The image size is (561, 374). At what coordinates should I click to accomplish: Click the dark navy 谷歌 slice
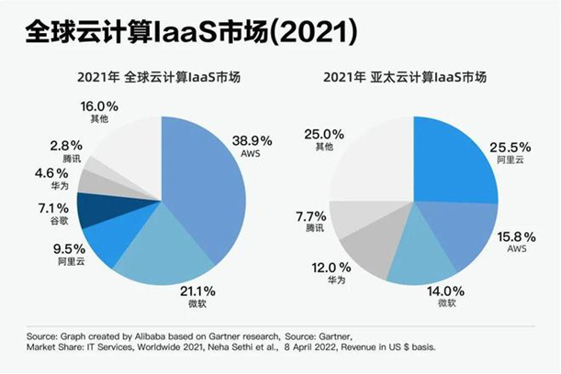pos(95,210)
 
